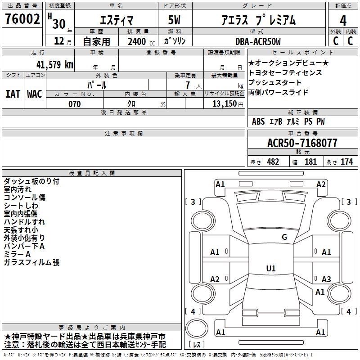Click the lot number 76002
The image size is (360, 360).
click(22, 19)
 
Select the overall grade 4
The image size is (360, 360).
click(343, 20)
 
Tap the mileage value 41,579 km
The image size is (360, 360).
click(54, 64)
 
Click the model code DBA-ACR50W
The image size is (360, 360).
click(258, 41)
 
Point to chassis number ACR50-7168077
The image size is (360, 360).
click(302, 143)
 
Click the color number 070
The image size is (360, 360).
click(74, 104)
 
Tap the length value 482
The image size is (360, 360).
click(273, 162)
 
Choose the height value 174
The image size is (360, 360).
click(346, 162)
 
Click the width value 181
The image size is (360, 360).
click(310, 162)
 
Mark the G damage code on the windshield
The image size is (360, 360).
click(284, 237)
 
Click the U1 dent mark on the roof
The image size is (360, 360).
click(271, 268)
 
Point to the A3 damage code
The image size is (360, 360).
click(326, 279)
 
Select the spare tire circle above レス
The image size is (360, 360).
click(197, 328)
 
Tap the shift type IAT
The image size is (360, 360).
click(13, 94)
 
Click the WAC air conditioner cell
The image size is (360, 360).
click(35, 94)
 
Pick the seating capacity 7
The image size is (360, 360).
click(188, 85)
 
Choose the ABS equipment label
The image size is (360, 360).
click(258, 121)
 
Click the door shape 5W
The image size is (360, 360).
click(174, 20)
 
